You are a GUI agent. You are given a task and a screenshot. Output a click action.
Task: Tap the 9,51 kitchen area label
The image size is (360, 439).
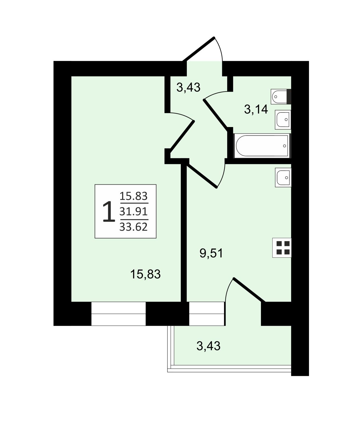click(x=211, y=253)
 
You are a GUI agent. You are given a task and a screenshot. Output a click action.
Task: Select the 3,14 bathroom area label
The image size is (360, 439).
click(x=256, y=109)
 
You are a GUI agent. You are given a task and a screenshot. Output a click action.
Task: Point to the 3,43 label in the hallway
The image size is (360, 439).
click(x=188, y=87)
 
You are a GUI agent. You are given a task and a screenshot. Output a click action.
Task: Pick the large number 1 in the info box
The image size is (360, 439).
click(x=109, y=212)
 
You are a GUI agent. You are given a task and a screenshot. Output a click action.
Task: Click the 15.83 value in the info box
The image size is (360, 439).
click(x=133, y=196)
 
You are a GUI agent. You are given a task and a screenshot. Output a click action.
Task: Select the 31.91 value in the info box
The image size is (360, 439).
click(x=133, y=212)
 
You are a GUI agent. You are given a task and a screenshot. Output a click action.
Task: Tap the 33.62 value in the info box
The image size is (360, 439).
click(x=133, y=227)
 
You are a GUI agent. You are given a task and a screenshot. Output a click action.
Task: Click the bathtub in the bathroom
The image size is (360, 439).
click(x=262, y=146)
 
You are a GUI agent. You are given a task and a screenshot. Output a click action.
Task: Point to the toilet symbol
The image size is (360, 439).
click(x=281, y=97)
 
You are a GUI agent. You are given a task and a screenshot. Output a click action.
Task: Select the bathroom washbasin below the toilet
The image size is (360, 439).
click(x=283, y=120)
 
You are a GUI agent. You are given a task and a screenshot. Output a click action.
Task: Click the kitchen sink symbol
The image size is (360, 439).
click(x=283, y=178)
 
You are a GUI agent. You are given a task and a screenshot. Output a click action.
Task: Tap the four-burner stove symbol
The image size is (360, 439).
click(x=282, y=248)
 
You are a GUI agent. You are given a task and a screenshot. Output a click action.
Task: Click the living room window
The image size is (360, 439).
click(x=119, y=314)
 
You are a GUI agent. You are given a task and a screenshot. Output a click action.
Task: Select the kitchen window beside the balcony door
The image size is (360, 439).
click(x=207, y=314)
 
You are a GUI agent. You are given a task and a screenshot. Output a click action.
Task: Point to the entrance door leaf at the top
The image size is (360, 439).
click(x=198, y=50)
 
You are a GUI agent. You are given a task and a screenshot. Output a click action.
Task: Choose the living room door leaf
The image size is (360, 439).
click(x=182, y=136)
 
